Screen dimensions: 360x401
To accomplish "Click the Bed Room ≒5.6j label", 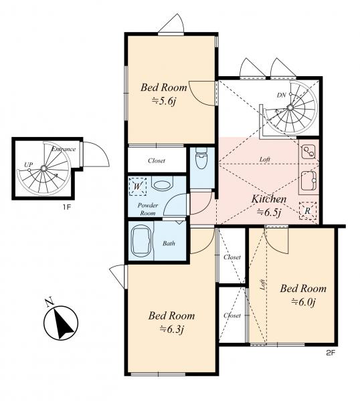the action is point(164,94).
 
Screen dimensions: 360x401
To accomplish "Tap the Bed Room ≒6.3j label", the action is point(171,322).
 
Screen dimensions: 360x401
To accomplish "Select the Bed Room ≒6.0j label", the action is point(303,295).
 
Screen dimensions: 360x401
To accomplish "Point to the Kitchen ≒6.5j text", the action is point(269,205).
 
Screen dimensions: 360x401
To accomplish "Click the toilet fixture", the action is point(201,158).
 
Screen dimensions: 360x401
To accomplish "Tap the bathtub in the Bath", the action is point(141,241).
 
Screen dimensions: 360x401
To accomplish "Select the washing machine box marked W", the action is point(137,186).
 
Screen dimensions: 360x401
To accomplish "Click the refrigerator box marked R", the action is point(308,211).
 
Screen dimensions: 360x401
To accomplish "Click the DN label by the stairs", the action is point(281,95).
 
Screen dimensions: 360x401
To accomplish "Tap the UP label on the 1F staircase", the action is point(28,164).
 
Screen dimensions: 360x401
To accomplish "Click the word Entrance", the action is point(64,149).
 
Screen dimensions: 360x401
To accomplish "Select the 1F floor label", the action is point(66,207).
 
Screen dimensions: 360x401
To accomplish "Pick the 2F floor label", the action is point(331,353).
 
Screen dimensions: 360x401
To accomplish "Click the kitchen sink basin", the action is point(308,180).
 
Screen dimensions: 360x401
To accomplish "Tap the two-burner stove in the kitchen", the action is point(308,152).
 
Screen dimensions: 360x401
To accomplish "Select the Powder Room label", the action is point(147,209).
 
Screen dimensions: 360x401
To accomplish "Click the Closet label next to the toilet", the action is point(157,160).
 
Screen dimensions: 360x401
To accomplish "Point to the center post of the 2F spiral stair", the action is point(290,108).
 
